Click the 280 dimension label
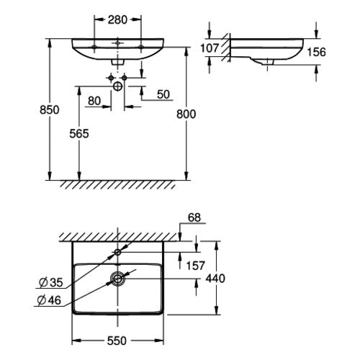(x=117, y=19)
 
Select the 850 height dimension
(x=50, y=110)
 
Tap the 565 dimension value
(x=79, y=133)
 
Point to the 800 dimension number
(x=186, y=114)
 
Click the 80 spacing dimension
(x=94, y=101)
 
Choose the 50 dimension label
(x=163, y=94)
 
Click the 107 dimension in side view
(x=210, y=48)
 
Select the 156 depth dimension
(x=316, y=52)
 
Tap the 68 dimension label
(x=194, y=217)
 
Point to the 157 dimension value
(x=196, y=266)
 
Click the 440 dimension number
(x=215, y=279)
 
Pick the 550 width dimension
(x=117, y=341)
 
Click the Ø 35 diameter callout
(x=51, y=282)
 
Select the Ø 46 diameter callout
(x=50, y=300)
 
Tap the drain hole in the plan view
(x=117, y=279)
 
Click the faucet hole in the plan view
(x=117, y=252)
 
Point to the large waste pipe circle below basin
(x=117, y=86)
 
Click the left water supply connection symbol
(x=111, y=78)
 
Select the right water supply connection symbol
(x=124, y=78)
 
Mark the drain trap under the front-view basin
(x=117, y=62)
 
